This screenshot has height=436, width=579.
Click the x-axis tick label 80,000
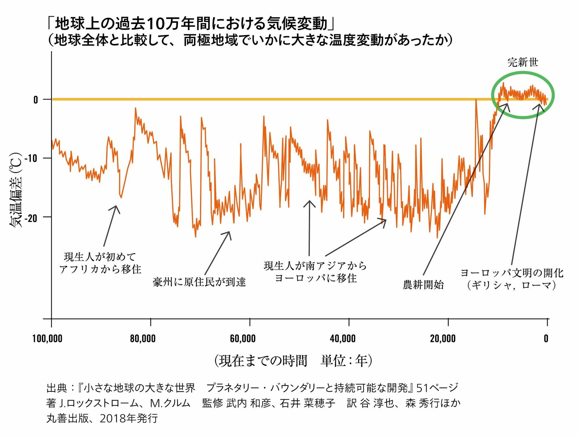click(x=142, y=339)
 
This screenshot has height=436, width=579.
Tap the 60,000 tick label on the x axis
click(x=243, y=339)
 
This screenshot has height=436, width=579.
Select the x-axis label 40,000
click(x=342, y=339)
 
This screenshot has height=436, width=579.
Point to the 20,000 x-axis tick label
click(x=443, y=339)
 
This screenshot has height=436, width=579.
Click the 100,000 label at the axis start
click(x=47, y=339)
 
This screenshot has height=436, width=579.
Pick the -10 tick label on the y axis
click(x=31, y=158)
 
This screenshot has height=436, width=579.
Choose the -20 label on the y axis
click(x=31, y=218)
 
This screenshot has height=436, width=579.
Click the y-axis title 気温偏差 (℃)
click(x=16, y=190)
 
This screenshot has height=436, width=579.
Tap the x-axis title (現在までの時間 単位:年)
click(x=293, y=361)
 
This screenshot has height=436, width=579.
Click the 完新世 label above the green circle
click(x=523, y=62)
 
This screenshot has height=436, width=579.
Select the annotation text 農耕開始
click(x=423, y=285)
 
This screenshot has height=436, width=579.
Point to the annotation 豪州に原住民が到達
click(x=199, y=282)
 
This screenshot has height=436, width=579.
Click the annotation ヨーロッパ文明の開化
click(x=512, y=273)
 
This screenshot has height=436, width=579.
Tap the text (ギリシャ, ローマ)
click(x=511, y=285)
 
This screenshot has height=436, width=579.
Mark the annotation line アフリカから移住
click(x=100, y=269)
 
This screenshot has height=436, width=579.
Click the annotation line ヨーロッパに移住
click(x=315, y=278)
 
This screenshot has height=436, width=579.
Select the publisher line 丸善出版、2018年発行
click(x=102, y=418)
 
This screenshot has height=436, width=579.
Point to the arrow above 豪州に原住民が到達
click(x=217, y=253)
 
